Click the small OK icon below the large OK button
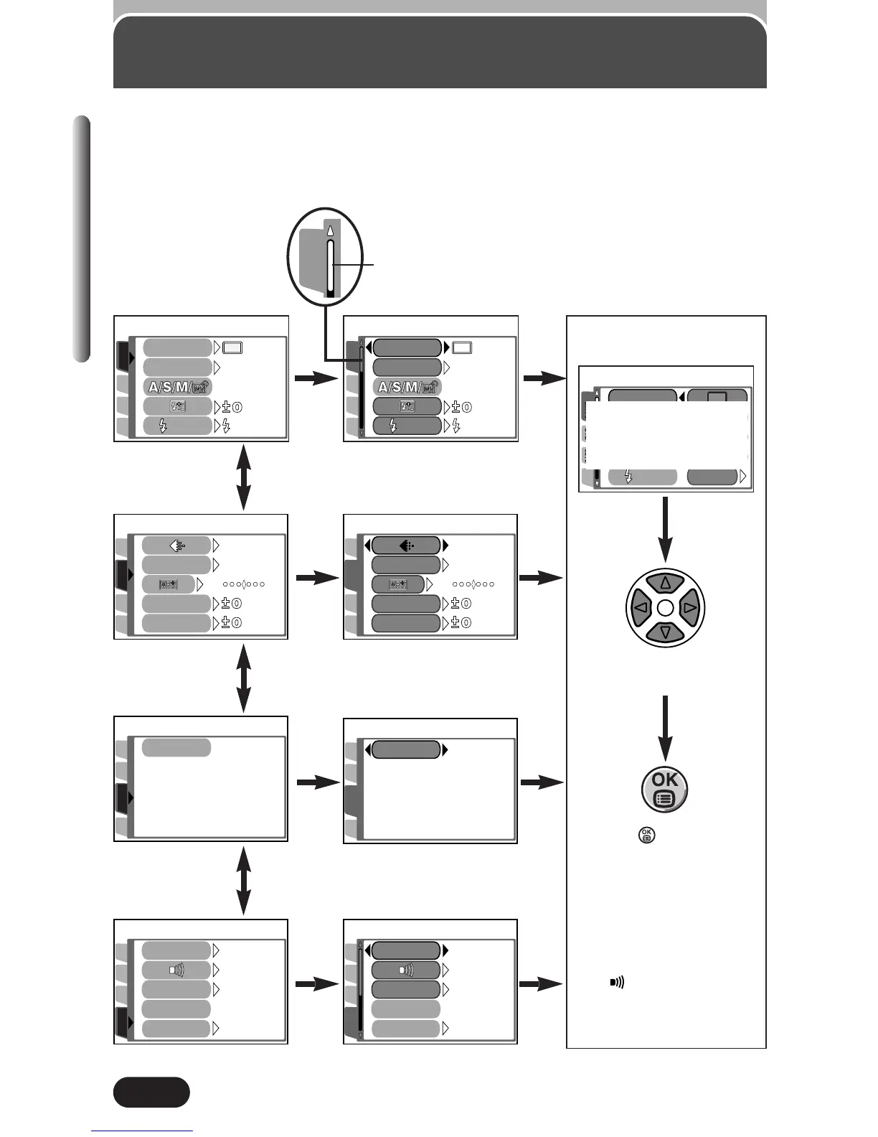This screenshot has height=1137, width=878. click(x=646, y=835)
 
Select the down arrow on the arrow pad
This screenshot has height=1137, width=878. click(x=665, y=632)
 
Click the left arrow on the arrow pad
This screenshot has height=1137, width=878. click(x=641, y=607)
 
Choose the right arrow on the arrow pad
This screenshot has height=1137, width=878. click(x=690, y=607)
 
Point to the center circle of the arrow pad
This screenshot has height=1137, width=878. click(x=665, y=608)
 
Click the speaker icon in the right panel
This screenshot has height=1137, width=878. click(x=617, y=982)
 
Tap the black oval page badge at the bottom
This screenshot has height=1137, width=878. click(x=151, y=1092)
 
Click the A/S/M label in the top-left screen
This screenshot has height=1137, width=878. click(x=178, y=387)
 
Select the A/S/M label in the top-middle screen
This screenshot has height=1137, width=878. click(x=407, y=387)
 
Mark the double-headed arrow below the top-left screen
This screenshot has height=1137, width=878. click(x=244, y=477)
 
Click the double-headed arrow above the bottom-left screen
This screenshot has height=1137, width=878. click(x=244, y=881)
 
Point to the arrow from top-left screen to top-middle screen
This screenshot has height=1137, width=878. click(x=317, y=378)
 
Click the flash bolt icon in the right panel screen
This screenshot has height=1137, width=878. click(x=628, y=477)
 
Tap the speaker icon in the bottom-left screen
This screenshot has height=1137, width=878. click(x=176, y=970)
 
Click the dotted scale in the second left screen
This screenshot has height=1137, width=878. click(x=244, y=584)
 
